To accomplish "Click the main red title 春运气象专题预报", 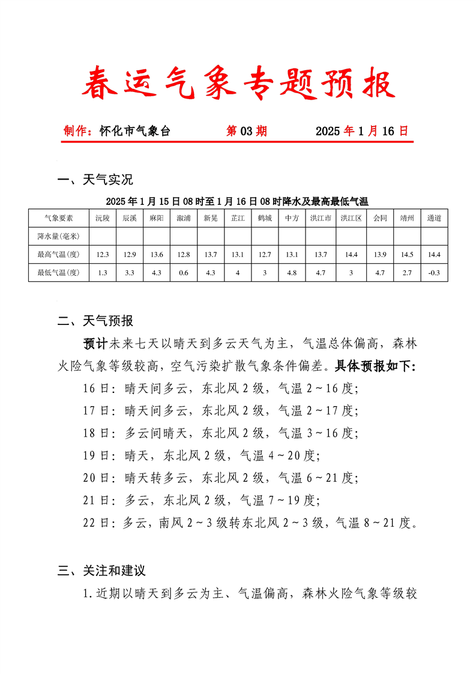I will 238,84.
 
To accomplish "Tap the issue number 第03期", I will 246,131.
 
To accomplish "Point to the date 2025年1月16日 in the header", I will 361,131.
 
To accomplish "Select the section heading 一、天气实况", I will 95,180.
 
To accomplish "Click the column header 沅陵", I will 103,218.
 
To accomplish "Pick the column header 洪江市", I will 321,218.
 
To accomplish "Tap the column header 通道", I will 434,218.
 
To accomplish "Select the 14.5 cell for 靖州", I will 407,254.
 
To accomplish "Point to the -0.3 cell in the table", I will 434,272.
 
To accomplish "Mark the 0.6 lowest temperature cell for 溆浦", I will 184,272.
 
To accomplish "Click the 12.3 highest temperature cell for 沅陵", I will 103,254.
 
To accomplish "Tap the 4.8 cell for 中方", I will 292,272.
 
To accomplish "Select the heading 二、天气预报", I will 95,321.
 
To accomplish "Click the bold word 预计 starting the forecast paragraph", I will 95,344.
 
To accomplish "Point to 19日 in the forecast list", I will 96,455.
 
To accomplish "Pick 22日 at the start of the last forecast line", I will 96,523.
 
